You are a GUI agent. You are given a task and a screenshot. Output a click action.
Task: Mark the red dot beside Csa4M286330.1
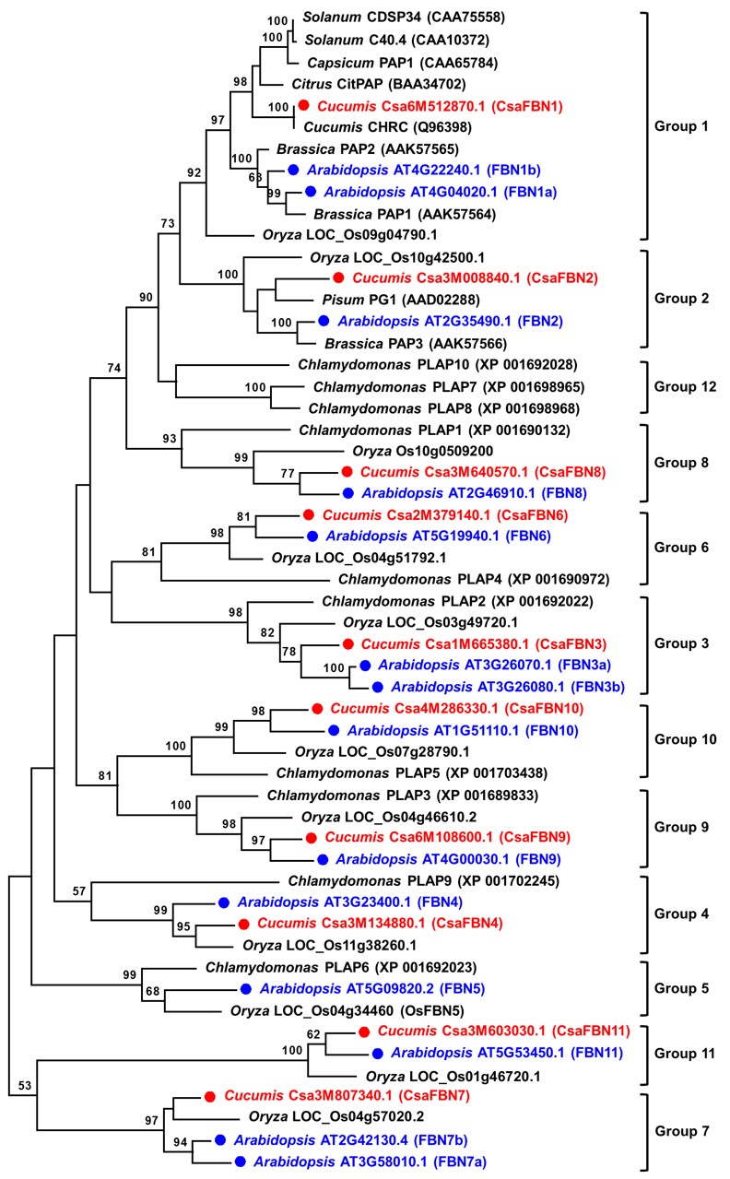pos(316,708)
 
